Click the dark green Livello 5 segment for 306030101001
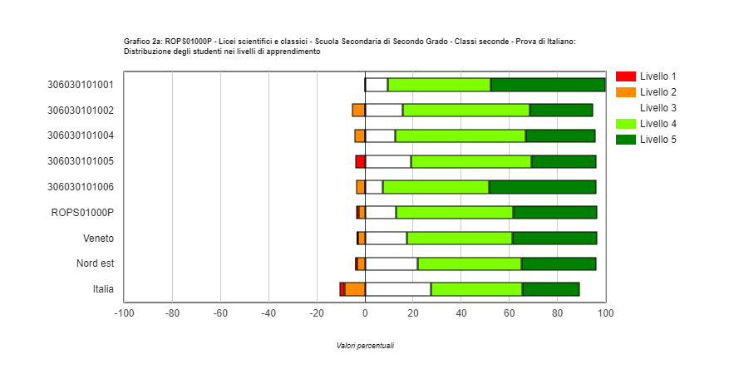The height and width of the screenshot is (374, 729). point(548,84)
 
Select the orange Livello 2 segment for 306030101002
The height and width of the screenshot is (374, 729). point(358,110)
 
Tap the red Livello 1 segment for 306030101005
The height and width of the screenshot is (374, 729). point(360,161)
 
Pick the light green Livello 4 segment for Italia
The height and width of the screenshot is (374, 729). point(476,289)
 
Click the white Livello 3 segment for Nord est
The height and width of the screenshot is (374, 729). point(391,263)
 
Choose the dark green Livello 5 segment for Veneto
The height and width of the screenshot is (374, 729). point(554,238)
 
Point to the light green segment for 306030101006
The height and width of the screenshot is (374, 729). point(436,187)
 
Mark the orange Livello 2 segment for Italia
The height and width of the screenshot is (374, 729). point(355,289)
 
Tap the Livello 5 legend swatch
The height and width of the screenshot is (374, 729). point(625,139)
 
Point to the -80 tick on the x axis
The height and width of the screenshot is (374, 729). point(172,313)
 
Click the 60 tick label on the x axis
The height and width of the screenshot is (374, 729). point(510,313)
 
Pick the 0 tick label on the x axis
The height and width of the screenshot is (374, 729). point(365,313)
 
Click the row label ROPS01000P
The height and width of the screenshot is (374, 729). point(82,212)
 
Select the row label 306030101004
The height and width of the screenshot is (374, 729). point(81,135)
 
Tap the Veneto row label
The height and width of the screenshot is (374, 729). point(98,238)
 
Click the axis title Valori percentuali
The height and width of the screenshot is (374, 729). point(365,346)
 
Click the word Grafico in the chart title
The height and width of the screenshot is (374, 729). point(136,41)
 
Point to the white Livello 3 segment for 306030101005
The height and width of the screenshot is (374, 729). point(387,161)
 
